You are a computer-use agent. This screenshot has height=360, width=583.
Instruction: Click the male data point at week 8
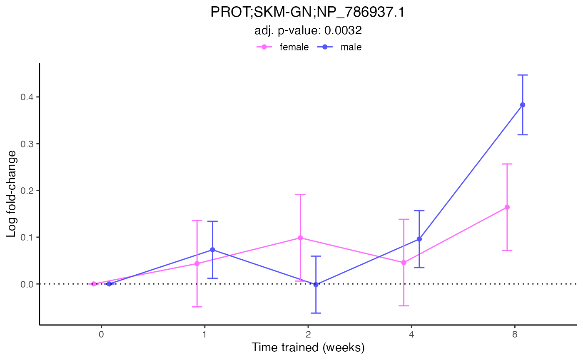click(523, 105)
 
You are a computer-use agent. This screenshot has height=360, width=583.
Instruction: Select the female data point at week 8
click(507, 207)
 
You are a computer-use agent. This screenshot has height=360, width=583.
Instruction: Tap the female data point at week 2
click(300, 238)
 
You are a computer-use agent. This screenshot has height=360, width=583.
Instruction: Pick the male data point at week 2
click(316, 285)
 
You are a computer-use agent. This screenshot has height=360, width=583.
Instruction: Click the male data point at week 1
click(212, 250)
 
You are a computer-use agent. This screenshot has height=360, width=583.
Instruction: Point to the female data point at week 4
click(404, 263)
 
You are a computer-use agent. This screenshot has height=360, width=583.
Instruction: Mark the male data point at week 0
click(109, 284)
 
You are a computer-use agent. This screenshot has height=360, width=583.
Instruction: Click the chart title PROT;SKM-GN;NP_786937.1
click(308, 13)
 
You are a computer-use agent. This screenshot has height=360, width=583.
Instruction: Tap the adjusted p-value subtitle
click(308, 30)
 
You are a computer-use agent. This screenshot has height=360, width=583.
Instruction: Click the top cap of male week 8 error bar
click(523, 75)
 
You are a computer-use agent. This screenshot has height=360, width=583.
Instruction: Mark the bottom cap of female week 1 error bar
click(197, 307)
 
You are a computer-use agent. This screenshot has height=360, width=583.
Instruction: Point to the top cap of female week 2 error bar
click(300, 194)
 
